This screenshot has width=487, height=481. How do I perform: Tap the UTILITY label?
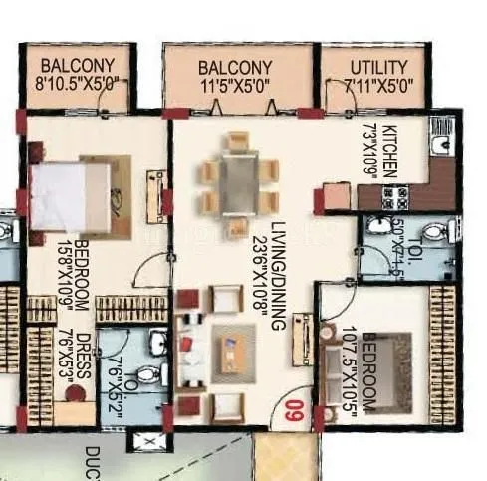point(378,66)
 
